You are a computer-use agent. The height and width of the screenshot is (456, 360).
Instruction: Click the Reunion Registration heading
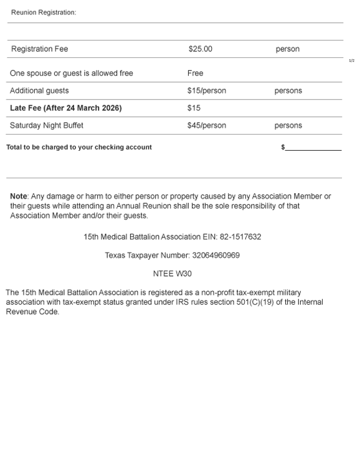point(44,12)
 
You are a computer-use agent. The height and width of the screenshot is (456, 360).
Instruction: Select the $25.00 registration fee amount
point(200,49)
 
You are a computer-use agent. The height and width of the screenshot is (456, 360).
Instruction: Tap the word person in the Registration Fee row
point(287,49)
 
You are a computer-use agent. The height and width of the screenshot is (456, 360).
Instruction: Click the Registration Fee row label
point(39,49)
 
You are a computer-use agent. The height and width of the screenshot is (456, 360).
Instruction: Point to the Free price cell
point(195,74)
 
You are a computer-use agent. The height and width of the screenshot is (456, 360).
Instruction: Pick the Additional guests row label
point(39,91)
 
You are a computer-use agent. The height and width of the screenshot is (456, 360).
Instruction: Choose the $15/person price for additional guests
point(206,91)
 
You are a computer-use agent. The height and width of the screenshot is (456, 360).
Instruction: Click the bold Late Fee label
point(65,108)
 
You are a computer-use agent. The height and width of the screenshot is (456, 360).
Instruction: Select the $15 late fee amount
point(194,108)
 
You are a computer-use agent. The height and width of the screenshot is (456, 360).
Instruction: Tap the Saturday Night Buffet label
point(46,126)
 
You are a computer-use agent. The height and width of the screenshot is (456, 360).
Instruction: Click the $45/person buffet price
point(206,126)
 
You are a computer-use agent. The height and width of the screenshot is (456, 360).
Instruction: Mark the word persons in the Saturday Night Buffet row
point(288,126)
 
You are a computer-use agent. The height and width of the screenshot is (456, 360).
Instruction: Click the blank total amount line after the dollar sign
point(313,148)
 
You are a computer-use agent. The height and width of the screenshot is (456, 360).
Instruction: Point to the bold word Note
point(19,196)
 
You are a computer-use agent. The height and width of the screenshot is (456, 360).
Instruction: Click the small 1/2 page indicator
point(351,60)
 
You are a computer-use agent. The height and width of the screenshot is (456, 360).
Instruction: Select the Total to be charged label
point(78,148)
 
